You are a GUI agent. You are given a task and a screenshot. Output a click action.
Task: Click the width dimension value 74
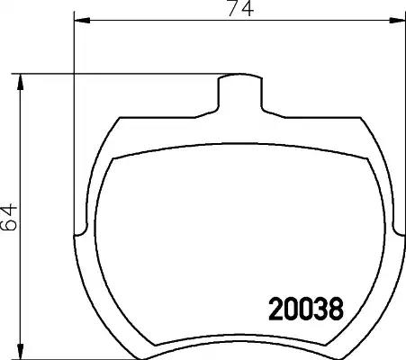click(x=240, y=8)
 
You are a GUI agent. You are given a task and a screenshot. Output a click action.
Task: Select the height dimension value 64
click(x=8, y=217)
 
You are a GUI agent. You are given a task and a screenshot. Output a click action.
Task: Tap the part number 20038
click(x=306, y=309)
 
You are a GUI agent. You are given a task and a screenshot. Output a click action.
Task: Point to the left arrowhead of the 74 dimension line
click(x=82, y=21)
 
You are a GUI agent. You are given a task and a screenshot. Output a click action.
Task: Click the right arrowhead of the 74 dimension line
click(x=397, y=21)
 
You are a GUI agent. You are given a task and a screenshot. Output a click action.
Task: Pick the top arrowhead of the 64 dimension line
click(x=20, y=82)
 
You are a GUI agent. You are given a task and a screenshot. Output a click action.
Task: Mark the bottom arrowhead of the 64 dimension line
click(x=20, y=351)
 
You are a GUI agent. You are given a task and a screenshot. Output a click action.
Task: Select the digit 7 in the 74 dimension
click(x=234, y=8)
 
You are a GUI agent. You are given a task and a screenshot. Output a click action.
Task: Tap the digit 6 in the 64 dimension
click(x=8, y=224)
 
